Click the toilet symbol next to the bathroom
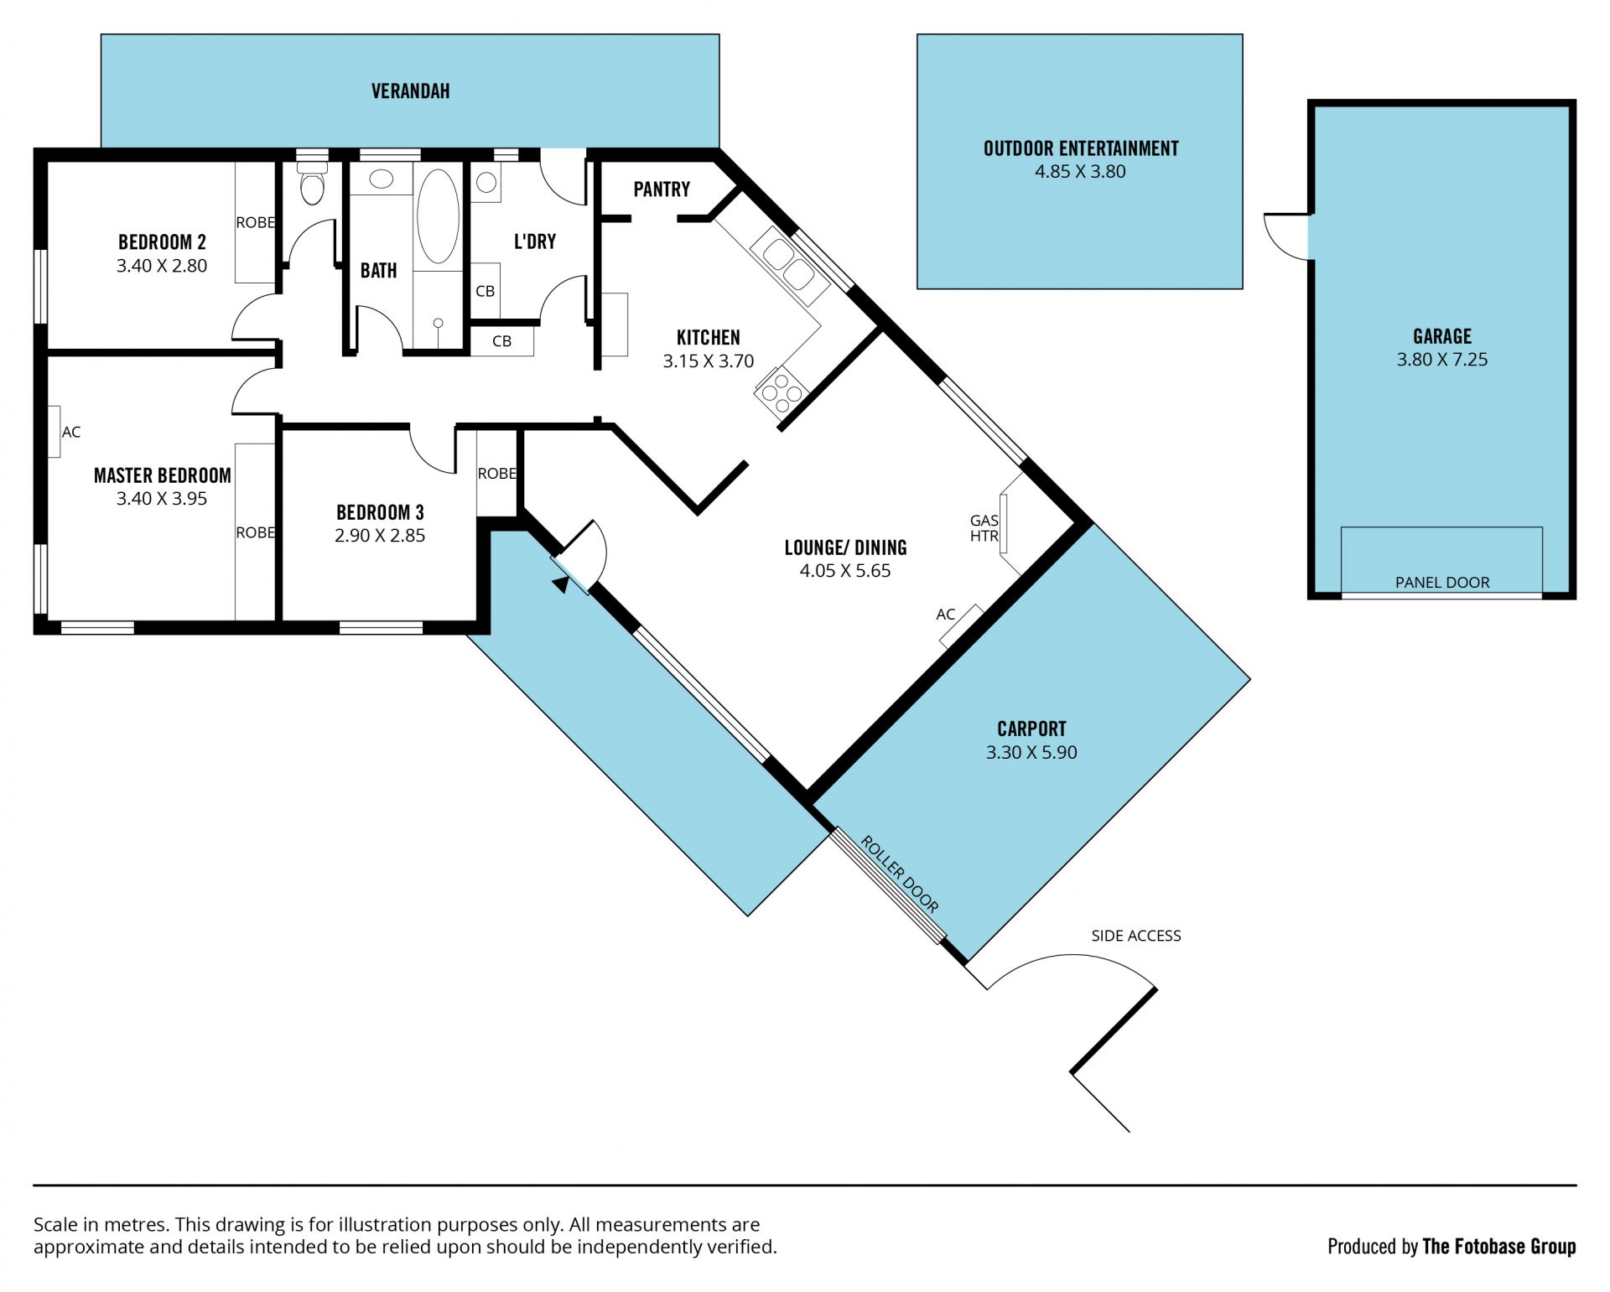(x=312, y=183)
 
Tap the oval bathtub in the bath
(x=438, y=215)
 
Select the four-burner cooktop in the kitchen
(x=782, y=392)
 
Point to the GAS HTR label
(x=984, y=528)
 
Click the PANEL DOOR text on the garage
(x=1442, y=582)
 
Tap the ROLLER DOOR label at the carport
(x=900, y=874)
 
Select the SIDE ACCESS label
(x=1136, y=935)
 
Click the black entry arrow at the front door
(x=560, y=584)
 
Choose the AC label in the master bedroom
(x=71, y=432)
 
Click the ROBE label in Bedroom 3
(x=497, y=474)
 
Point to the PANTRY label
(x=662, y=189)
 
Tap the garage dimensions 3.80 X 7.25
(x=1442, y=360)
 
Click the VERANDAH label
(x=411, y=91)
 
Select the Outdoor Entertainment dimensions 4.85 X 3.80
(x=1080, y=172)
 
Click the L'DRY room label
(x=535, y=241)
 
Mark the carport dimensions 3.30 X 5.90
(x=1031, y=753)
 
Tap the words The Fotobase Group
(x=1499, y=1247)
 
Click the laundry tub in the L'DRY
(x=486, y=182)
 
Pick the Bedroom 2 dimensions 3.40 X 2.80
(x=162, y=266)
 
